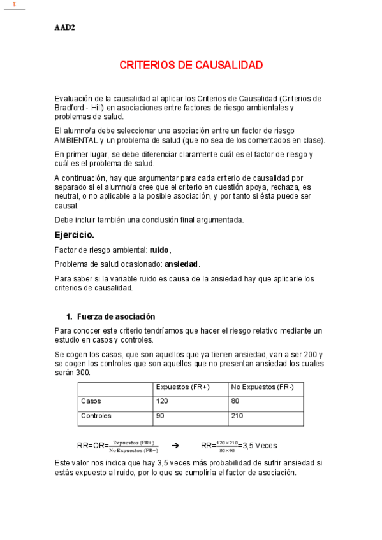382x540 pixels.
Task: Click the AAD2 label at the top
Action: coord(64,27)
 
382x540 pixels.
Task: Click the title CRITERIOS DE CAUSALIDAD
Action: coord(191,65)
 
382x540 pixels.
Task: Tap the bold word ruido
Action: coord(159,250)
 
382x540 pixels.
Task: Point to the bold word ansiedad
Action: coord(181,264)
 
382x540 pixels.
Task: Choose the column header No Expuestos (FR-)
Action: coord(262,387)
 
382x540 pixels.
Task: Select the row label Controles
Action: coord(96,416)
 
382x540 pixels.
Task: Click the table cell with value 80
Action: coord(235,402)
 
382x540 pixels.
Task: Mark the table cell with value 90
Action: coord(159,416)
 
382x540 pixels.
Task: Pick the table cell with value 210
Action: coord(237,416)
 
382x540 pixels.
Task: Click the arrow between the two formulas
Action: coord(177,446)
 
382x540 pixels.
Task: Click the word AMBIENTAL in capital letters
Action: coord(77,139)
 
